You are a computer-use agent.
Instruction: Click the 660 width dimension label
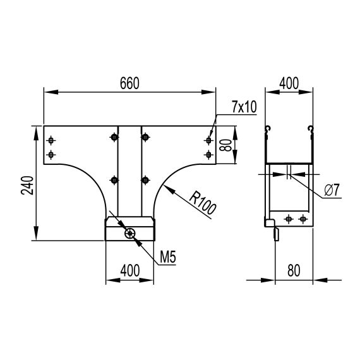(x=129, y=83)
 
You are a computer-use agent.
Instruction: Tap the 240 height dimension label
(x=27, y=185)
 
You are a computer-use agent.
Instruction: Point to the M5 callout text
(x=168, y=257)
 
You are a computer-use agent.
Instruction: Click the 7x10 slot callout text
(x=244, y=107)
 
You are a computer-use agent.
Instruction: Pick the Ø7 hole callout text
(x=332, y=190)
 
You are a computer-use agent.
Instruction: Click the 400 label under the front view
(x=130, y=270)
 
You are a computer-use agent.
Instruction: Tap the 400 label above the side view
(x=289, y=83)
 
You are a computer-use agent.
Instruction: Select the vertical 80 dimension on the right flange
(x=225, y=145)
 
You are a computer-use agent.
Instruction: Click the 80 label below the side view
(x=294, y=270)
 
